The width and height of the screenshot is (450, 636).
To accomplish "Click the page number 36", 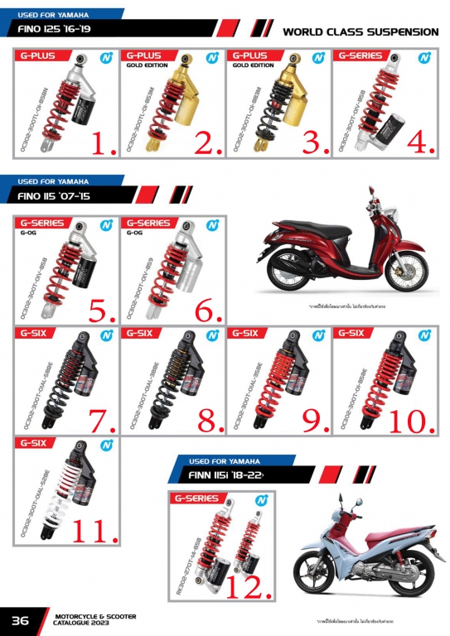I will point(20,620).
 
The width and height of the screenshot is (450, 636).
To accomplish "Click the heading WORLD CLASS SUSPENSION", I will point(360,31).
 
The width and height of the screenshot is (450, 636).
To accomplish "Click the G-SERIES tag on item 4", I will point(360,56).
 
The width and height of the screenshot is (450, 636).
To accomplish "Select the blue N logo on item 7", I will point(106,335).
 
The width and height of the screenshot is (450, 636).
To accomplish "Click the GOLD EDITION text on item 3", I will point(252,65).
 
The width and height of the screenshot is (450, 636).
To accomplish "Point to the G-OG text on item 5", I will point(26,233).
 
